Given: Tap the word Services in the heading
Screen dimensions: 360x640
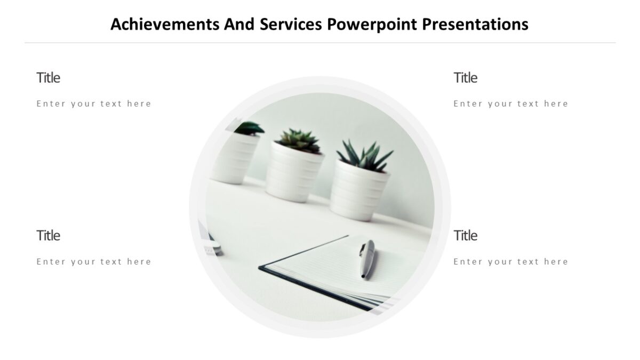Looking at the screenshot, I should (x=291, y=25).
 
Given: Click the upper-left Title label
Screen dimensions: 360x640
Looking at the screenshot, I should (x=48, y=78).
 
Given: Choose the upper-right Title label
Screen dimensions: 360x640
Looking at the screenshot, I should (x=465, y=78).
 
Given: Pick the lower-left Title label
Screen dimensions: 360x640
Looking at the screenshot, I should (x=48, y=236).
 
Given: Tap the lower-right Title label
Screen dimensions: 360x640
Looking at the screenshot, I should (x=465, y=236).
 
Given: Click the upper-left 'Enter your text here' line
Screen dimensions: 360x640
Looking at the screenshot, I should (x=94, y=104).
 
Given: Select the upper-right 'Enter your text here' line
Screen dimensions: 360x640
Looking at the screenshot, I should (x=511, y=104).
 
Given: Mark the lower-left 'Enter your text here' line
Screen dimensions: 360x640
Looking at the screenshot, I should (x=94, y=262).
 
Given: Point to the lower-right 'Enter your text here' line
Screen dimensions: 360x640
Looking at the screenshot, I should (x=511, y=262).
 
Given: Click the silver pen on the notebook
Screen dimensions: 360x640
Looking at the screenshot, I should (x=367, y=259).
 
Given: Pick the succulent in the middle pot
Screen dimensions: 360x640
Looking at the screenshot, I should (x=300, y=140).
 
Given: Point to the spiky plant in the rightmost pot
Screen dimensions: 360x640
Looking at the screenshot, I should (x=365, y=155).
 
